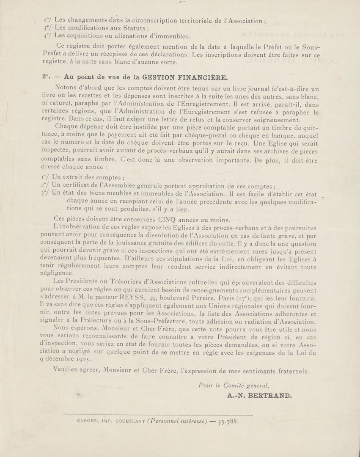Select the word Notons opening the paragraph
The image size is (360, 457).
[x=68, y=88]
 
